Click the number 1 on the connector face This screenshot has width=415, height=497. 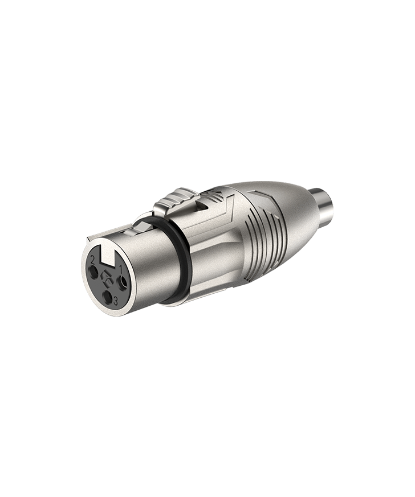point(121,270)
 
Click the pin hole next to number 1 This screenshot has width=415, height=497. point(122,281)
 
